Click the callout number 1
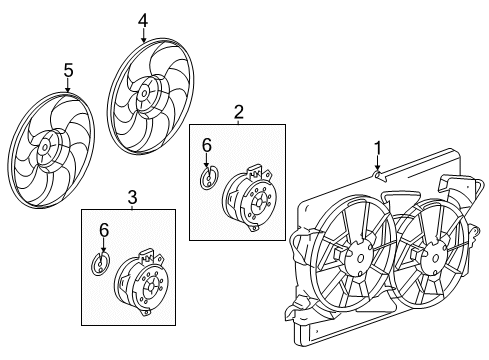377,148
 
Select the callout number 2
238,112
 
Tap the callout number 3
132,197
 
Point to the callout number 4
143,21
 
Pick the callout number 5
68,71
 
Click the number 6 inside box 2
207,146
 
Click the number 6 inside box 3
104,230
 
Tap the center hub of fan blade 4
144,93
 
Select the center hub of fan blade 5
44,147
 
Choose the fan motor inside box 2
248,199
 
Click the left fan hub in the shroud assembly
359,259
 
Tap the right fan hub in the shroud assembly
435,259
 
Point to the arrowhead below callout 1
377,168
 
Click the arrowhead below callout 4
143,40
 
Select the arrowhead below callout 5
68,89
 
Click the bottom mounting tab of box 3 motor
146,312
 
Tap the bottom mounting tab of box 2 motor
254,227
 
